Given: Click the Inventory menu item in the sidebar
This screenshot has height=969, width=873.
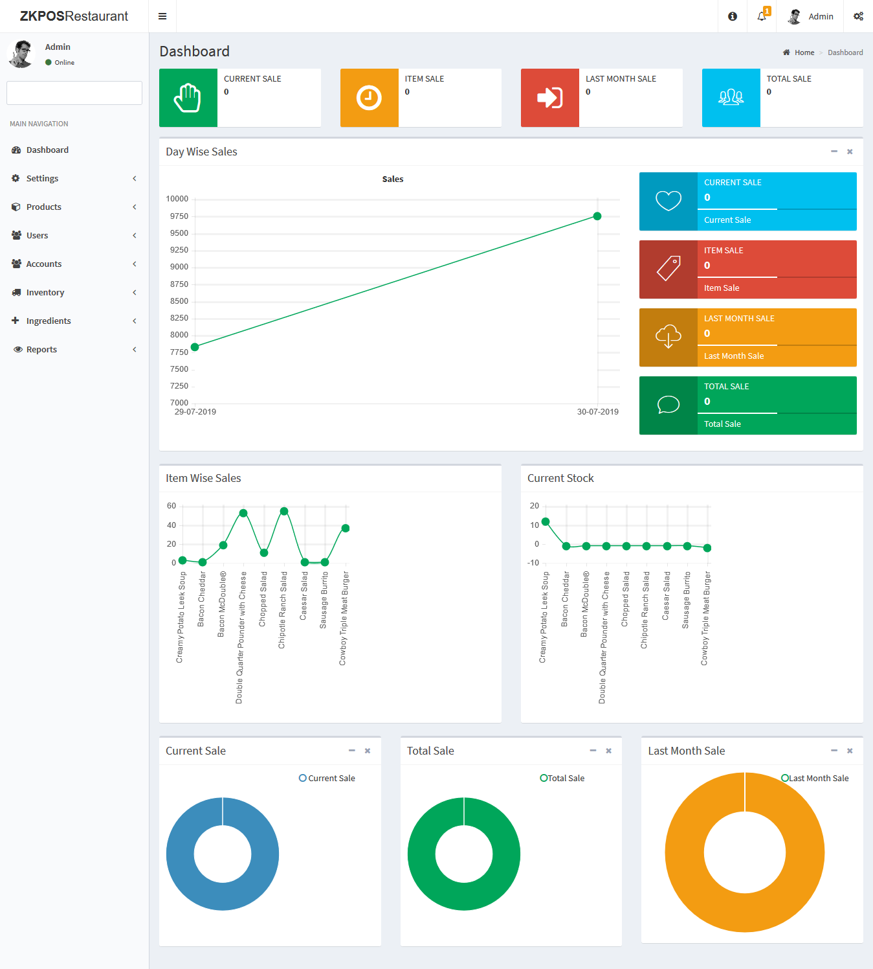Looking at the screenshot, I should click(x=45, y=293).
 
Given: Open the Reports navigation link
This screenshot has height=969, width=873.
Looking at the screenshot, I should click(x=41, y=350).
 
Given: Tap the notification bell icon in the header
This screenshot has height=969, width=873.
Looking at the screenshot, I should click(x=762, y=16).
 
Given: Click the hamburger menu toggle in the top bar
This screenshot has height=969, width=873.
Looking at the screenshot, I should click(x=162, y=16).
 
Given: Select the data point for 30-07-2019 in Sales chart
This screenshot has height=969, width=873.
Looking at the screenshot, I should click(x=597, y=216).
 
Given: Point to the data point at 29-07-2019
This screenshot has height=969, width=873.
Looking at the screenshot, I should click(x=195, y=347).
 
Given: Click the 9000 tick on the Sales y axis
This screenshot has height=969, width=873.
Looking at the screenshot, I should click(x=179, y=267).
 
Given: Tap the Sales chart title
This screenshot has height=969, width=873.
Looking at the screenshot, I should click(x=393, y=179).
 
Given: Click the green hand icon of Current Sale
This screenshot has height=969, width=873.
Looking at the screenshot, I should click(x=188, y=98).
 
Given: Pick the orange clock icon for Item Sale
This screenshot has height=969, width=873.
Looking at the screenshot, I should click(x=369, y=98).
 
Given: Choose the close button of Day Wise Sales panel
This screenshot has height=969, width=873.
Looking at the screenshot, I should click(x=850, y=152).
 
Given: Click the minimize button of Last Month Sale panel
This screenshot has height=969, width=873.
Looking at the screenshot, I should click(x=834, y=751).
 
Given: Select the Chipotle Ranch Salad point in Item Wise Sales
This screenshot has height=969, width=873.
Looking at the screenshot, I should click(x=284, y=511).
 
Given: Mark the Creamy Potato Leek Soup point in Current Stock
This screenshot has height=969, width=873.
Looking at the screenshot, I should click(x=546, y=521).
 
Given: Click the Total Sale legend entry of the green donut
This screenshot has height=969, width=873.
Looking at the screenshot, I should click(x=562, y=779).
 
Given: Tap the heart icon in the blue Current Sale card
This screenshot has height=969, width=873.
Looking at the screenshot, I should click(x=669, y=201).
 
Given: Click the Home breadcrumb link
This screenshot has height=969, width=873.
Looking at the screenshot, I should click(x=804, y=52).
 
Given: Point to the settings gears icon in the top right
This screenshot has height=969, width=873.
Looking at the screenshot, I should click(x=858, y=16).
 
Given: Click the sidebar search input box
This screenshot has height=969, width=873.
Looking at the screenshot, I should click(x=74, y=93).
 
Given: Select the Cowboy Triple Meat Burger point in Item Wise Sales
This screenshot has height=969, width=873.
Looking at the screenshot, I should click(x=346, y=529).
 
